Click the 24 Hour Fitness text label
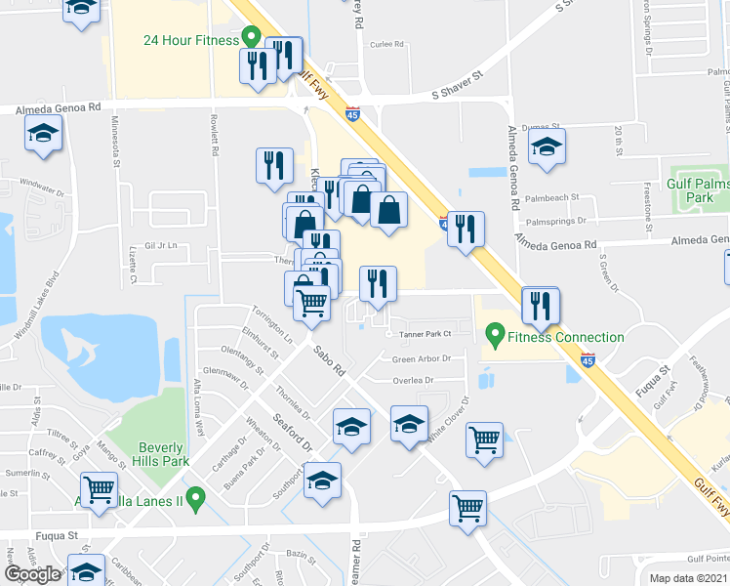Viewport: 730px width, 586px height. click(190, 40)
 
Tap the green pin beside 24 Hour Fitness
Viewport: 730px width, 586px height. click(251, 40)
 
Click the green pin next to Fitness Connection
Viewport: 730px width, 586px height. click(495, 338)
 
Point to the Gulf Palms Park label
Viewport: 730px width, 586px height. click(697, 189)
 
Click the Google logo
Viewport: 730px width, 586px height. click(33, 573)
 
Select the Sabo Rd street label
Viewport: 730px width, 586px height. click(329, 360)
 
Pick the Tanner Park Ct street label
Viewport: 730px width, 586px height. click(426, 334)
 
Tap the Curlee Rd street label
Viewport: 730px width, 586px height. click(387, 44)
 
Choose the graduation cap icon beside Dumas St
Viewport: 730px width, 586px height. click(547, 147)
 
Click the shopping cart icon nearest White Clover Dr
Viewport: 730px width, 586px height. click(484, 440)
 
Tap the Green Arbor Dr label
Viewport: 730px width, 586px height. click(421, 358)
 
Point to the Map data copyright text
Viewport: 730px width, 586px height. click(687, 578)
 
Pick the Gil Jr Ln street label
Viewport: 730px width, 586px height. click(161, 246)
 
